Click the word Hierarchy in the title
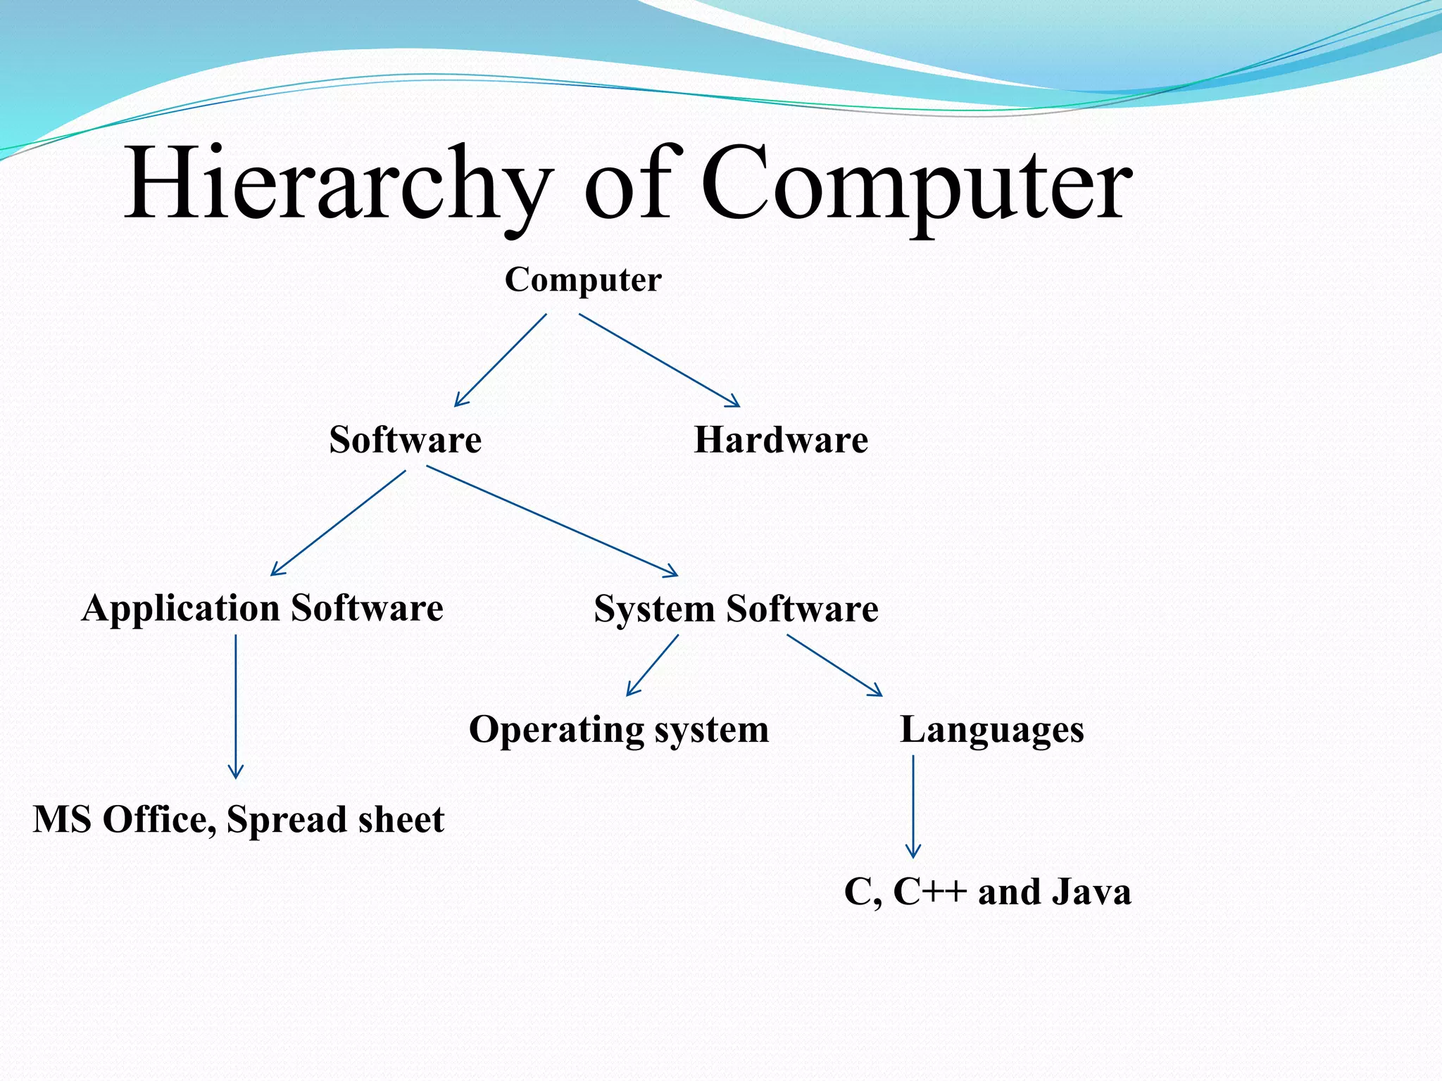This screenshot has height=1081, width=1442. (x=337, y=184)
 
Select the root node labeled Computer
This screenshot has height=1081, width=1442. (x=583, y=280)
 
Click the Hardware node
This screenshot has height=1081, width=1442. (x=781, y=441)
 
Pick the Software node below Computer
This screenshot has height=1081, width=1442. (x=406, y=441)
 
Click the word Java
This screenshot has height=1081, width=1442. (x=1091, y=892)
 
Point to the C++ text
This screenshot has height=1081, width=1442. (x=930, y=892)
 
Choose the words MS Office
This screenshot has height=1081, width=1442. (x=124, y=820)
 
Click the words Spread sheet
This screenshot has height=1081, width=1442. (x=335, y=820)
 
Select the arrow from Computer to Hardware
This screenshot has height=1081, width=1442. (x=659, y=360)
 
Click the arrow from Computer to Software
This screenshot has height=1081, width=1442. (x=501, y=360)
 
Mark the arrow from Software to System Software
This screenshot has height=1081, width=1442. (x=553, y=521)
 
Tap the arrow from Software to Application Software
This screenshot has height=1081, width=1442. (x=339, y=523)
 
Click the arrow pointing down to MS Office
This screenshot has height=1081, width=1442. (x=236, y=707)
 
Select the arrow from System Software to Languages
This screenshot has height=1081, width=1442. (x=834, y=665)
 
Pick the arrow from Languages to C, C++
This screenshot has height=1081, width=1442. (x=913, y=807)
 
